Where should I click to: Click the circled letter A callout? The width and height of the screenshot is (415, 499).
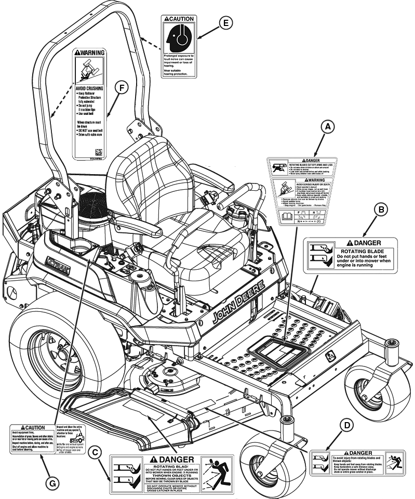pos(327,126)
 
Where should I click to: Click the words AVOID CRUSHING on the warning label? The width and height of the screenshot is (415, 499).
pos(89,88)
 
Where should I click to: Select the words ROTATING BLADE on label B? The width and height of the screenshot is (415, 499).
pos(363,251)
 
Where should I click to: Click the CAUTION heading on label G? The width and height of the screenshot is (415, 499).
pos(32,427)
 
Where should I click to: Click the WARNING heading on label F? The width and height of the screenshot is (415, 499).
pos(90,52)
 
